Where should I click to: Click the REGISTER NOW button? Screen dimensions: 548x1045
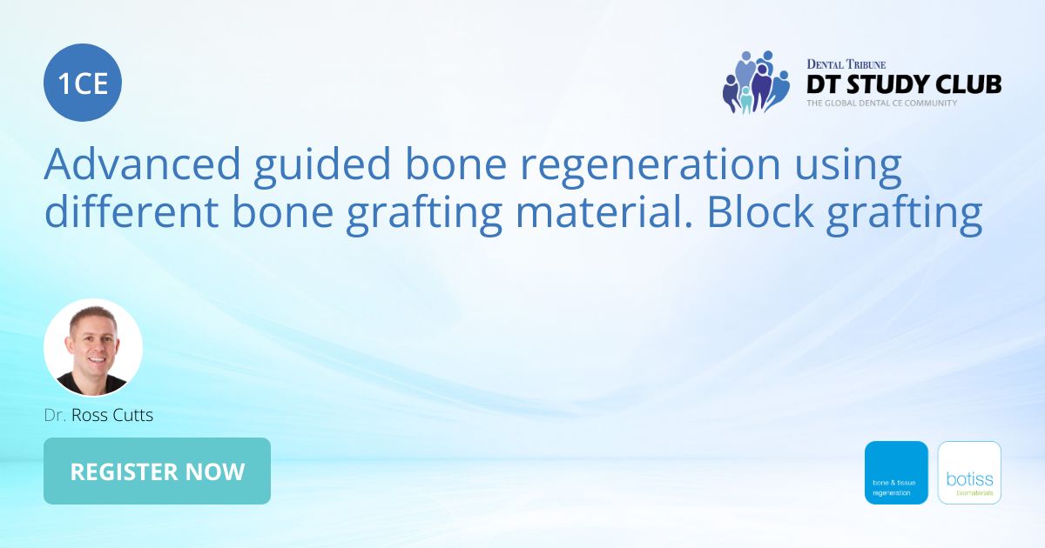[157, 471]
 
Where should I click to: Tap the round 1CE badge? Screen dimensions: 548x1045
[83, 84]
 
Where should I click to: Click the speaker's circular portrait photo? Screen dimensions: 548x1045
[93, 348]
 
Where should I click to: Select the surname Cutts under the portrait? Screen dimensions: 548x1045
[131, 415]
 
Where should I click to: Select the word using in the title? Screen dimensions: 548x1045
[849, 165]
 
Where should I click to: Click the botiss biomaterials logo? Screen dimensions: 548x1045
[969, 472]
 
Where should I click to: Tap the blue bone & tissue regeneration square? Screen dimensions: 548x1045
[896, 472]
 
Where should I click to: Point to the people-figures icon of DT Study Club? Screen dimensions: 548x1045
[755, 82]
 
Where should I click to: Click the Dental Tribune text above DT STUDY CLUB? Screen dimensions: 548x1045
[846, 64]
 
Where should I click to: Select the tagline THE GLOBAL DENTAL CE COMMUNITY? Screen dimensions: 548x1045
[881, 103]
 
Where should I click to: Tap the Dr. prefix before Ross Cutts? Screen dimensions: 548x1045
[54, 415]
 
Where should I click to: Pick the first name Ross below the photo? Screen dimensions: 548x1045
[87, 415]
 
